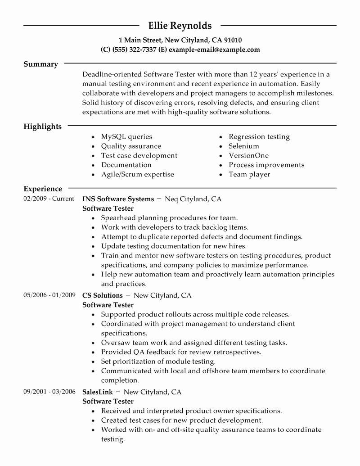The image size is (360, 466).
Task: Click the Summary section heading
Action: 40,64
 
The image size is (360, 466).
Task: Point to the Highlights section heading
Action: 42,127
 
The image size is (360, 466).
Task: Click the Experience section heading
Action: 43,189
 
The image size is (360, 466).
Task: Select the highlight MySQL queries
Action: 126,136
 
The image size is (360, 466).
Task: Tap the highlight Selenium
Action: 244,146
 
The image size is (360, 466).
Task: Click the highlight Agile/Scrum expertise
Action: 137,174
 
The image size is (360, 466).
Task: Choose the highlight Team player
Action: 249,174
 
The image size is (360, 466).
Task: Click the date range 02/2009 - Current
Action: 49,199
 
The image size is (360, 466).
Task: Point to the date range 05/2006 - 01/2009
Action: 49,295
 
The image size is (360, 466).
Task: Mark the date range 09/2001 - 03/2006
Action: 49,392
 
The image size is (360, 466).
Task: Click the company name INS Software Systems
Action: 118,199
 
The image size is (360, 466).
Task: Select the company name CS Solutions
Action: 103,295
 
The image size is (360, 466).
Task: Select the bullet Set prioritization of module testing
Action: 158,362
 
